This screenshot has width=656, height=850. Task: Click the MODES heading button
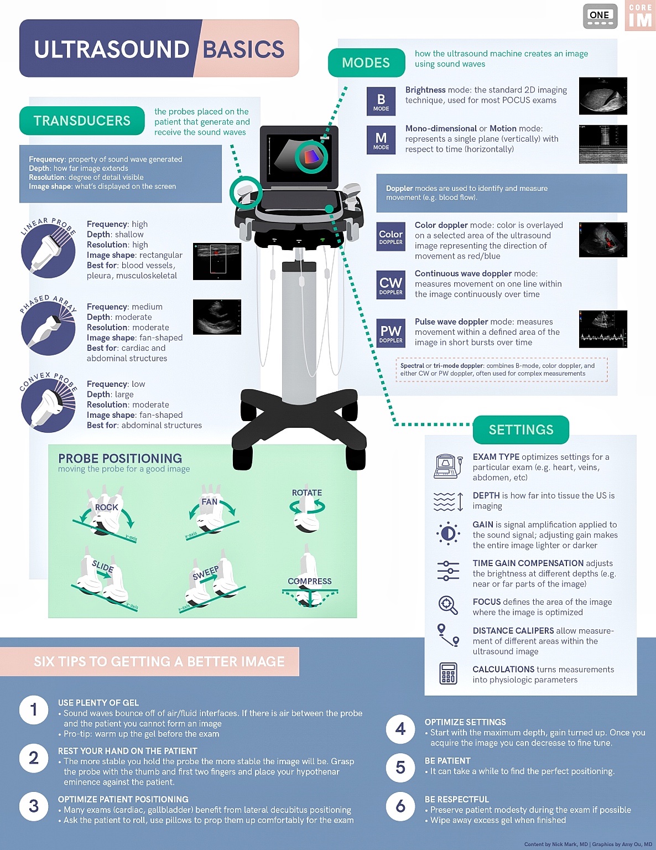click(x=366, y=63)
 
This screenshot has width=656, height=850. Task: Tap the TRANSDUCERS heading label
click(x=82, y=121)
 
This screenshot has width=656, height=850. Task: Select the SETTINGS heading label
click(x=520, y=429)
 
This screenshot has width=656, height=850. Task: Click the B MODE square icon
click(x=381, y=101)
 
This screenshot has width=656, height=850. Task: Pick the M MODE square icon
click(x=381, y=140)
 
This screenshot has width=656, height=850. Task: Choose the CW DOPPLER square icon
click(x=391, y=285)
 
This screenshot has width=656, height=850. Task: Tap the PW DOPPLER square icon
click(x=391, y=333)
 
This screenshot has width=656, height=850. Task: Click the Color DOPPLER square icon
click(x=391, y=237)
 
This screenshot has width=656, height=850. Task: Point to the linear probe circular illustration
click(x=48, y=251)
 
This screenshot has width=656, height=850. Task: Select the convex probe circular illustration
click(x=48, y=405)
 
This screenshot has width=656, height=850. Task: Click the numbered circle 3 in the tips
click(x=34, y=806)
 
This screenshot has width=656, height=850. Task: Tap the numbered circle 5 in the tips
click(x=400, y=767)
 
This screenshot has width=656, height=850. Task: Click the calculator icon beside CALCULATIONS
click(x=448, y=673)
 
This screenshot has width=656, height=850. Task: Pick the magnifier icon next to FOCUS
click(x=448, y=605)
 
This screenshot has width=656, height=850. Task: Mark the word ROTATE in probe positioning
click(x=307, y=493)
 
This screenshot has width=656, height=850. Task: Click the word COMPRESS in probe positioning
click(x=310, y=581)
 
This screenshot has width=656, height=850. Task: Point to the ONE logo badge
click(x=600, y=17)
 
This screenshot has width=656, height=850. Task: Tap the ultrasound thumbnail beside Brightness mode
click(x=603, y=96)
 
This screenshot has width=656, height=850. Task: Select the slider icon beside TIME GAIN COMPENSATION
click(x=448, y=571)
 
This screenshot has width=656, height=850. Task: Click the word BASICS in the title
click(x=243, y=49)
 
